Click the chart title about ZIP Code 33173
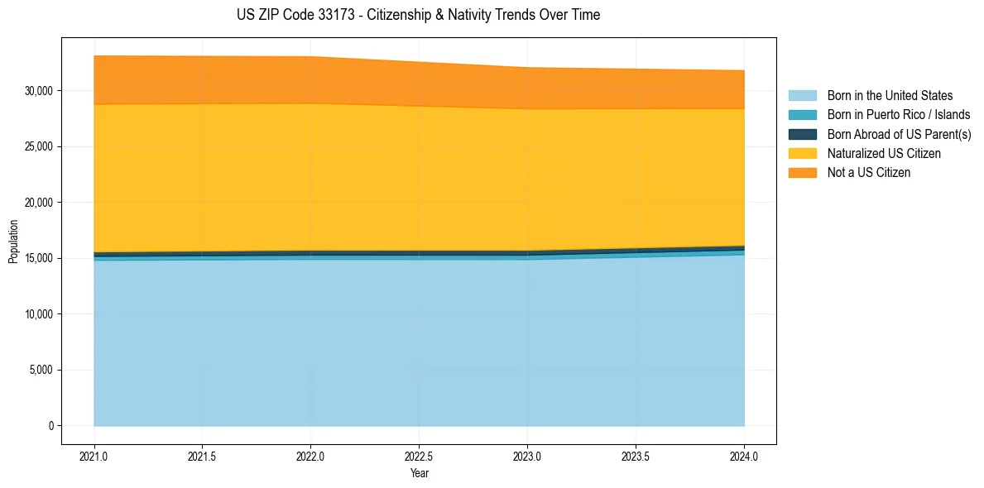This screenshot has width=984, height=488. coord(419,15)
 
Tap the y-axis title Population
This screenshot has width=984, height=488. coord(13,241)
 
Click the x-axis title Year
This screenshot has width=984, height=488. coord(419,473)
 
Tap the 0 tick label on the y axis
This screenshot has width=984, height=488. coord(51,426)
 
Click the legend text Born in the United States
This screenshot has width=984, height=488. coord(890,96)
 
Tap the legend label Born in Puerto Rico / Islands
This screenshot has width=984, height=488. coord(899,115)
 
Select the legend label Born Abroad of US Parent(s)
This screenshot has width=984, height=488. coord(899,134)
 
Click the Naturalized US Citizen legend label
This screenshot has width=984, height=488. coord(884,154)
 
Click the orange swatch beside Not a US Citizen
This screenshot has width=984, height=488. coord(802,173)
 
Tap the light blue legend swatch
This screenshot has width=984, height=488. coord(802,96)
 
